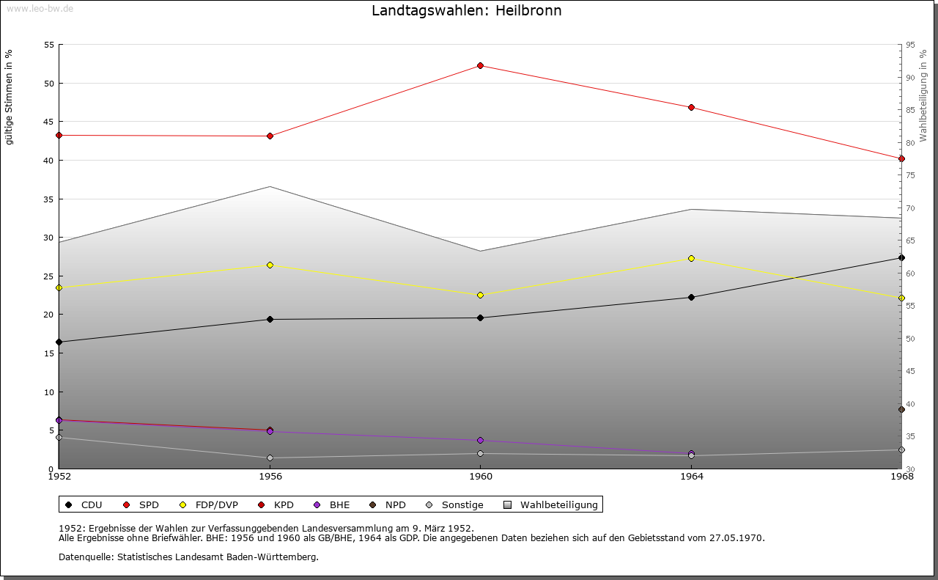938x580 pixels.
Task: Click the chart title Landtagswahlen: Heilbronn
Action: tap(467, 11)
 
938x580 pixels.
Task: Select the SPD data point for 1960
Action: tap(481, 66)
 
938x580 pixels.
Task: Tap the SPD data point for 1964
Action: tap(691, 108)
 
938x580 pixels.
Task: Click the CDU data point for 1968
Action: tap(901, 257)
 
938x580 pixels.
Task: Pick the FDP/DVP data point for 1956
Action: tap(270, 265)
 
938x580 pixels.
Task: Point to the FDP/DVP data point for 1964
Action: tap(691, 258)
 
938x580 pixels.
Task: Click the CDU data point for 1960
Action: tap(481, 317)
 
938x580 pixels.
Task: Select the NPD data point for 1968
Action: tap(901, 409)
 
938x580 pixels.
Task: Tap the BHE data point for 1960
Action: tap(481, 441)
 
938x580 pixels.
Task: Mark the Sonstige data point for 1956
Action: tap(270, 458)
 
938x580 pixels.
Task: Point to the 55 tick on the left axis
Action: tap(50, 45)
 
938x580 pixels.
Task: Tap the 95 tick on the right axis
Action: tap(909, 45)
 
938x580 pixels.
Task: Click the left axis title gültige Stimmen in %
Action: tap(9, 97)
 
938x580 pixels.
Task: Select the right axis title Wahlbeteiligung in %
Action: tap(923, 96)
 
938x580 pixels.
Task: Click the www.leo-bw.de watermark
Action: tap(40, 8)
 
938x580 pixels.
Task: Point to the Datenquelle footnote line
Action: tap(188, 557)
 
